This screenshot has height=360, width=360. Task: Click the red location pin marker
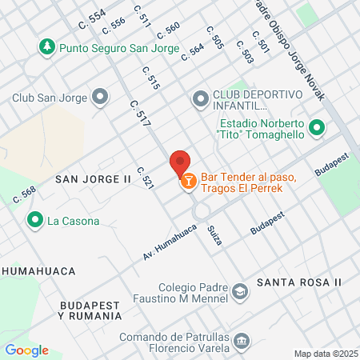pos(179,162)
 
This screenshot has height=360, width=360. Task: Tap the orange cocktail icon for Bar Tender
pos(188,182)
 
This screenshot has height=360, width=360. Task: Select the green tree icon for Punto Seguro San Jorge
pos(47,47)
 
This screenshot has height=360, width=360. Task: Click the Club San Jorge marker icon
pos(100,98)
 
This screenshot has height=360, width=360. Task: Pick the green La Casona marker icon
pos(35,220)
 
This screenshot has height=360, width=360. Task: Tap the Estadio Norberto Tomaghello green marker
pos(317,128)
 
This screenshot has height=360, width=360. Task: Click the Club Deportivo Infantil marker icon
pos(199,99)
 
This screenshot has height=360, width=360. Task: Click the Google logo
pos(27,350)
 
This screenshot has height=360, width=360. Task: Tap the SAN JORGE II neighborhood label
pos(92,179)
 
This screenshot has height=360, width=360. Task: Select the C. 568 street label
pos(25,194)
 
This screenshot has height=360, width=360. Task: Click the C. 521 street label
pos(145,178)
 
